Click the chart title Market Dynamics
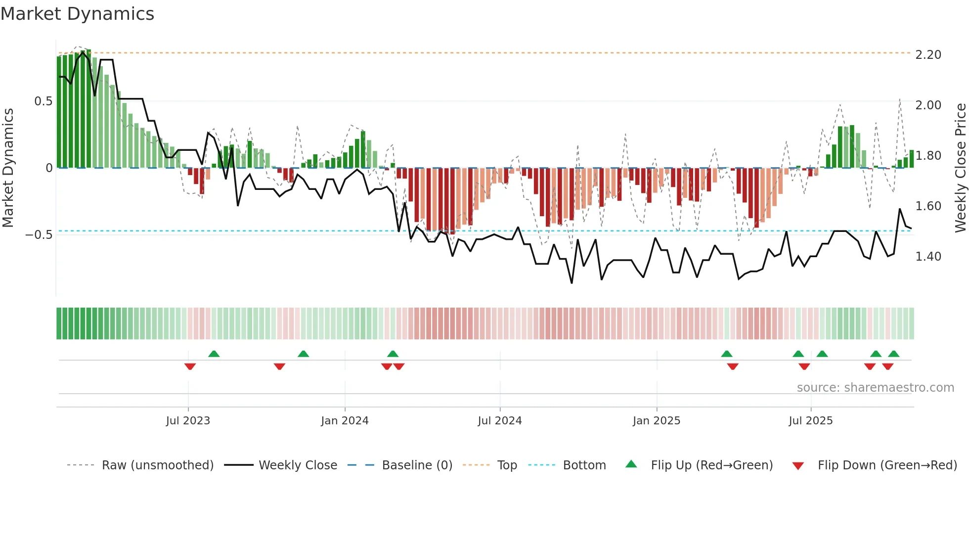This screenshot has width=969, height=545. [77, 14]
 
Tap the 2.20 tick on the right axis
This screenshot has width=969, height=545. [928, 55]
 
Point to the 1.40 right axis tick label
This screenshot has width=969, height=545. [928, 257]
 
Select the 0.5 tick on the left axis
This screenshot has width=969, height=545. [43, 101]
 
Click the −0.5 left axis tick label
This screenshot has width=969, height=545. [39, 235]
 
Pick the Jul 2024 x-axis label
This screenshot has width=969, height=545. [499, 421]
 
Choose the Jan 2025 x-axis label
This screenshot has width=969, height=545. [656, 421]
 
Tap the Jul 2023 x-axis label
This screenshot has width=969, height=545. [188, 421]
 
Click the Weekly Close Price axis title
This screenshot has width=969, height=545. [960, 168]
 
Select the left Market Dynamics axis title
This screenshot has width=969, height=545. [8, 168]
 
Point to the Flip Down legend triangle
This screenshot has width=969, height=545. [797, 466]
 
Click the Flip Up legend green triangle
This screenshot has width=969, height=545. [631, 464]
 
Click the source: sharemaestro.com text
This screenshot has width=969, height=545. [875, 388]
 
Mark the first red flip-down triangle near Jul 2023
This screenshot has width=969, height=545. [190, 366]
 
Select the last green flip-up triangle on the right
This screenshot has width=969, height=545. [893, 354]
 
